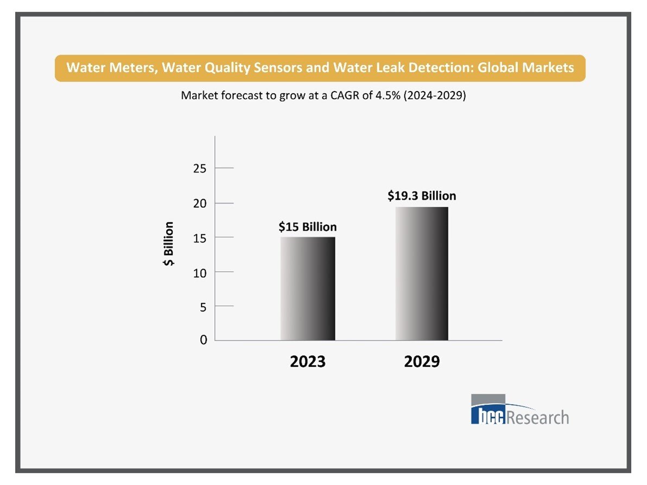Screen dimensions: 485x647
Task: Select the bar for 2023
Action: [308, 289]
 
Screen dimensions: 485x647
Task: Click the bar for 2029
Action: [422, 273]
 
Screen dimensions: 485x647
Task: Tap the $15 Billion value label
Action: [308, 227]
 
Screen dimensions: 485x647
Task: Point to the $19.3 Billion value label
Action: [422, 196]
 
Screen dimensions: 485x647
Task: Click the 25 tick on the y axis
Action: [200, 169]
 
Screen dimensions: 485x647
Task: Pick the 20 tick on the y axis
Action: [200, 203]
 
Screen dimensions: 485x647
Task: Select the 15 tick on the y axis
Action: [200, 238]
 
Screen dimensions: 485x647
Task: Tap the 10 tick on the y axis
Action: [200, 272]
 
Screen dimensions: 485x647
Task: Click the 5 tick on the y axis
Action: [203, 307]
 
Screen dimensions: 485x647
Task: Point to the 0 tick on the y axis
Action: [203, 340]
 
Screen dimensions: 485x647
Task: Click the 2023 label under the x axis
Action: [308, 362]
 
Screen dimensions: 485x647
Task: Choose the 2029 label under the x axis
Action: [422, 362]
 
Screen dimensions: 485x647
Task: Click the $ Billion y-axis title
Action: [169, 244]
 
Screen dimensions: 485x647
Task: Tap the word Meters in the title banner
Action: [123, 68]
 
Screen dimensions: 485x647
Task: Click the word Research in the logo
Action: [537, 418]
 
